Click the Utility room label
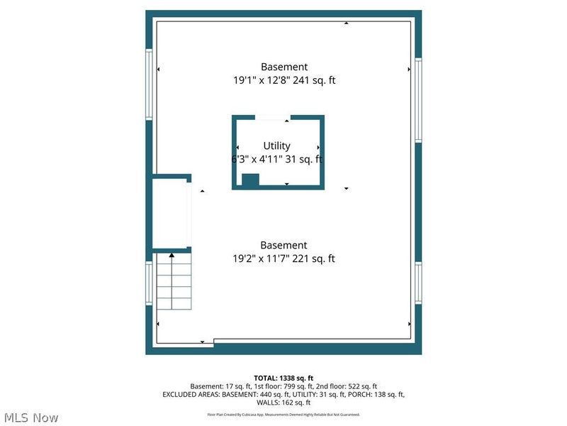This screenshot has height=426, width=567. point(276,146)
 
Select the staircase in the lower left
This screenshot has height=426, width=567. point(173,281)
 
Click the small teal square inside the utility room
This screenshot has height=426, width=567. point(250,180)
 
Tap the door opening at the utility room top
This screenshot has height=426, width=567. point(271,117)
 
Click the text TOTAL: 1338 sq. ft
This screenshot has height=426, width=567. point(283,378)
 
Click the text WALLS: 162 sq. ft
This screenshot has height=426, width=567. point(283,402)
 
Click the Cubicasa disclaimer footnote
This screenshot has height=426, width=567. point(283,414)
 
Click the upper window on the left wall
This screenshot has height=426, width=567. point(149,84)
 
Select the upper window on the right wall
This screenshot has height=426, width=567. point(419,99)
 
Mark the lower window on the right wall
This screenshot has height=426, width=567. point(419,284)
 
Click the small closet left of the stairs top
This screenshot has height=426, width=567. point(171,212)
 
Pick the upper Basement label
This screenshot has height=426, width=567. point(283,66)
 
